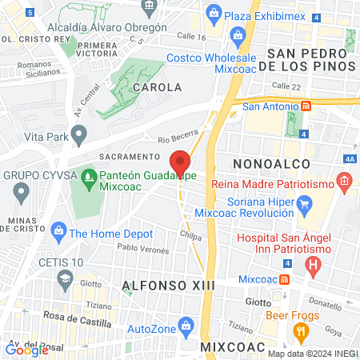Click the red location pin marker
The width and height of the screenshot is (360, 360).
click(x=181, y=162)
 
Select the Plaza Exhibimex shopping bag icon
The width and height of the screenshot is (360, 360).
click(x=214, y=13)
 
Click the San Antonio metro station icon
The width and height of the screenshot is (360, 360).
click(x=305, y=106)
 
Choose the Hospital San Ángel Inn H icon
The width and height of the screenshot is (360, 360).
click(x=314, y=262)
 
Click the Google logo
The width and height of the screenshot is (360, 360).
click(x=26, y=349)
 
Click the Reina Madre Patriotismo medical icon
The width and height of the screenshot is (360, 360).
click(x=344, y=184)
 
